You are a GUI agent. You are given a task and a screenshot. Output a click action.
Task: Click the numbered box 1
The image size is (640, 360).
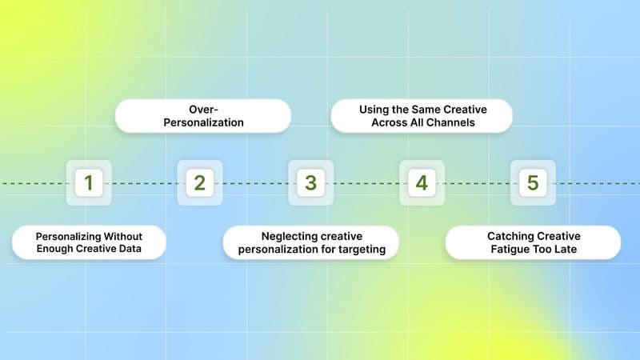pyautogui.click(x=88, y=182)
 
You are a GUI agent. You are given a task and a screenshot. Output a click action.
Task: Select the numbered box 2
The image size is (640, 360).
pyautogui.click(x=199, y=182)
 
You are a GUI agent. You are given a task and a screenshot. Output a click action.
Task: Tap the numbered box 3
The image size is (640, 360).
pyautogui.click(x=310, y=182)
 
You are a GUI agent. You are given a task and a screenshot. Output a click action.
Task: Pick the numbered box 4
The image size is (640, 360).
pyautogui.click(x=422, y=182)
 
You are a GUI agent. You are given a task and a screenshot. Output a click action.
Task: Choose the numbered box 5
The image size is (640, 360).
pyautogui.click(x=533, y=182)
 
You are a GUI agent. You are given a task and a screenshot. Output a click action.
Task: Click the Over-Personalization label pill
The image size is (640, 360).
pyautogui.click(x=202, y=115)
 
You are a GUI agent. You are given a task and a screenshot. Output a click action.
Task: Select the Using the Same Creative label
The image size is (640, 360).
pyautogui.click(x=422, y=115)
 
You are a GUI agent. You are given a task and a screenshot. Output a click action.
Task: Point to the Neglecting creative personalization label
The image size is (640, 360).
pyautogui.click(x=311, y=242)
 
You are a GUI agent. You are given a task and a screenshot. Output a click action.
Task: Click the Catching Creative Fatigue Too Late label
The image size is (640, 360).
pyautogui.click(x=533, y=242)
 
